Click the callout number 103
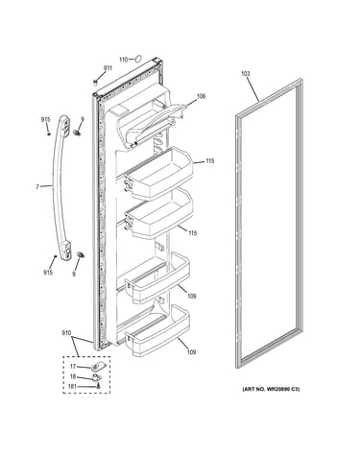click(246, 74)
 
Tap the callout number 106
click(201, 96)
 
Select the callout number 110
click(124, 60)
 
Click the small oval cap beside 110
click(138, 59)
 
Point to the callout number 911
click(108, 68)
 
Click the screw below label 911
click(95, 83)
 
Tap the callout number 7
click(37, 186)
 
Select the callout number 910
click(66, 333)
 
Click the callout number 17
click(73, 367)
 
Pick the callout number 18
click(73, 377)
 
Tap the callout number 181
click(72, 387)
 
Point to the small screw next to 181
click(98, 386)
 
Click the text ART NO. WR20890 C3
click(271, 390)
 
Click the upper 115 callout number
click(210, 161)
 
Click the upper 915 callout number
click(46, 120)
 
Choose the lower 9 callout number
click(74, 274)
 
